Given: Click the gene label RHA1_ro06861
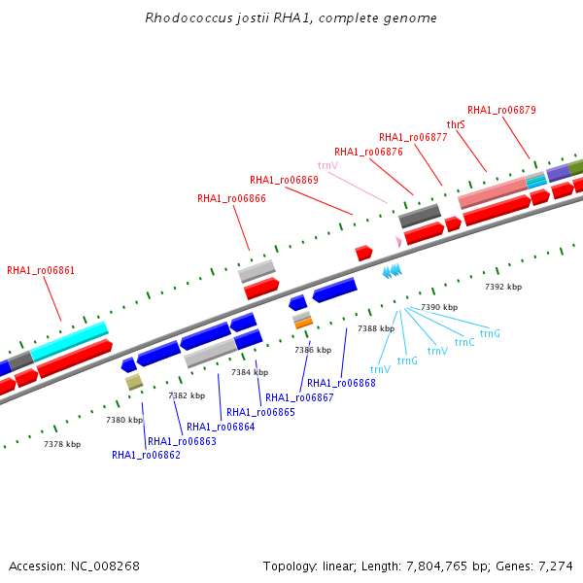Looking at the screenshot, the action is pyautogui.click(x=41, y=270).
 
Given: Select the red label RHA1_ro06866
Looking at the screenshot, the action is pyautogui.click(x=231, y=198).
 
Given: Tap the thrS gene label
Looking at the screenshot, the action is pyautogui.click(x=456, y=124).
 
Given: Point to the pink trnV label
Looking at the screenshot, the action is pyautogui.click(x=328, y=165).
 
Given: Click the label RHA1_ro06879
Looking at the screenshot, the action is pyautogui.click(x=501, y=110).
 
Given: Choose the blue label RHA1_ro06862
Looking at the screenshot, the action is pyautogui.click(x=146, y=455).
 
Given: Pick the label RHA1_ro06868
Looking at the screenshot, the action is pyautogui.click(x=341, y=383).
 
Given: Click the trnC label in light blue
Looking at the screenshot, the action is pyautogui.click(x=464, y=342).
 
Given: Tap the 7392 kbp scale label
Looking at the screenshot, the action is pyautogui.click(x=503, y=287).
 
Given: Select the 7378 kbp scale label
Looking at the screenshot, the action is pyautogui.click(x=62, y=444).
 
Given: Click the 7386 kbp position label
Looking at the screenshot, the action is pyautogui.click(x=313, y=350).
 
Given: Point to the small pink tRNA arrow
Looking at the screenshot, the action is pyautogui.click(x=398, y=241).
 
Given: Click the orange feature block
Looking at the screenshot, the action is pyautogui.click(x=304, y=324).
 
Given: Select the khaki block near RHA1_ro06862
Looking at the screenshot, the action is pyautogui.click(x=134, y=382).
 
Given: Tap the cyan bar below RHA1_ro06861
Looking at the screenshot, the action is pyautogui.click(x=69, y=341).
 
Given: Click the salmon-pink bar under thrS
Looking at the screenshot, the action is pyautogui.click(x=493, y=192).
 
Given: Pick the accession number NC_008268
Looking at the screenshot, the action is pyautogui.click(x=105, y=566).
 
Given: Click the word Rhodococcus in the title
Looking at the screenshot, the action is pyautogui.click(x=189, y=17).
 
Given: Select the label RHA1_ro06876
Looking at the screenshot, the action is pyautogui.click(x=368, y=153).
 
